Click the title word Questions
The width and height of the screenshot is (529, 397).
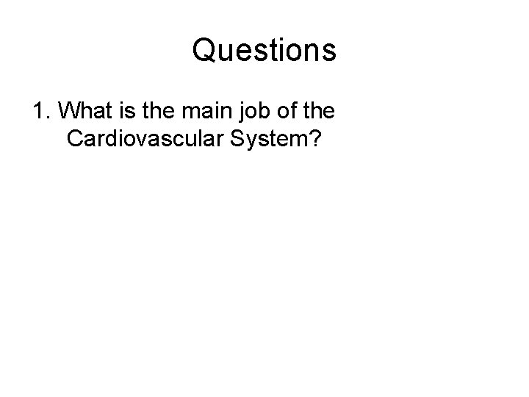click(264, 51)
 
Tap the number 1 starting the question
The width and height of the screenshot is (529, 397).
click(37, 112)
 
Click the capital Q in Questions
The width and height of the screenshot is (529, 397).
click(204, 51)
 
